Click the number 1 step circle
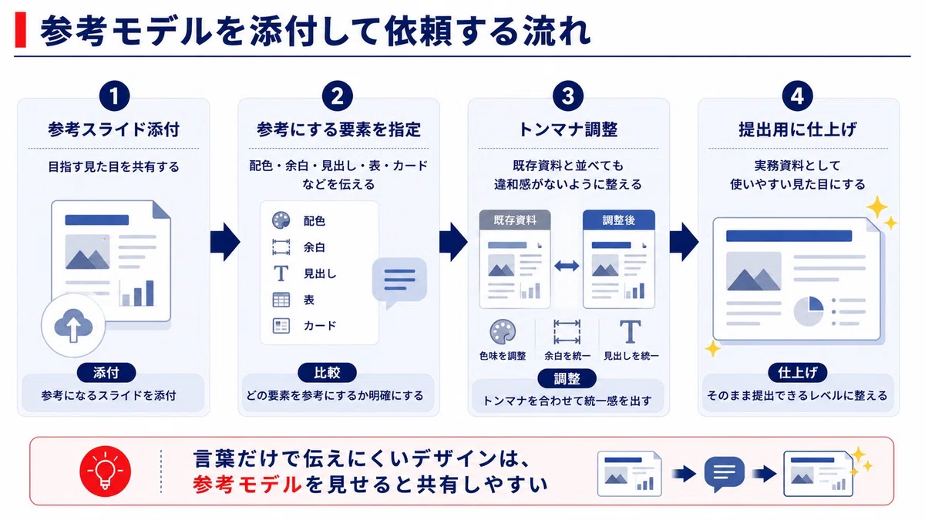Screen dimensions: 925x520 coord(114,96)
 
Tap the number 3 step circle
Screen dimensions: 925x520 coord(568,96)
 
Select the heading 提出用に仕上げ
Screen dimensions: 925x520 coord(797,129)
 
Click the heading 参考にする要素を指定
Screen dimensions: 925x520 coord(338,129)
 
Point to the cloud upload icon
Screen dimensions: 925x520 coord(73,326)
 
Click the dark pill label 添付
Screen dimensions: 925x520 coord(106,373)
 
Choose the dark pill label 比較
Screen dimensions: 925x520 coord(327,373)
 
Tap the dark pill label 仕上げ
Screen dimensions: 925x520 coord(797,373)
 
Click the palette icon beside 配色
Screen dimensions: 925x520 coord(281,220)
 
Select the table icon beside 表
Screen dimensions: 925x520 coord(281,300)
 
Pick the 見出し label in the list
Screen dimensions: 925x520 coord(320,273)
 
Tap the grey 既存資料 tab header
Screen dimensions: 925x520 coord(515,220)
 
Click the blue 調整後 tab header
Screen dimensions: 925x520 coord(618,220)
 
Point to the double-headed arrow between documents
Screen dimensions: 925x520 coord(567,266)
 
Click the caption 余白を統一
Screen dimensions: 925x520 coord(567,356)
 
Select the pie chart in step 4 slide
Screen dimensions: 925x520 coord(809,311)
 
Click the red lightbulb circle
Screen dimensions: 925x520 coord(105,471)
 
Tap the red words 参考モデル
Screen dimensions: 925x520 coord(247,485)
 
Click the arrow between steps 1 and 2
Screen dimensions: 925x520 coord(225,242)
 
